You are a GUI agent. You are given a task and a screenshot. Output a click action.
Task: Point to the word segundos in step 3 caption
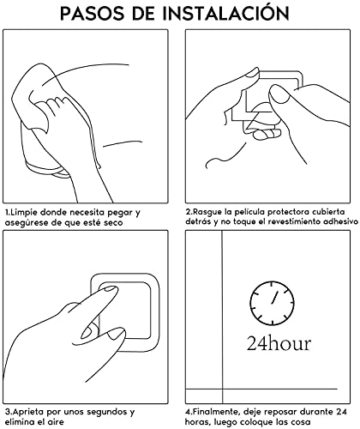tap(103, 412)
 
